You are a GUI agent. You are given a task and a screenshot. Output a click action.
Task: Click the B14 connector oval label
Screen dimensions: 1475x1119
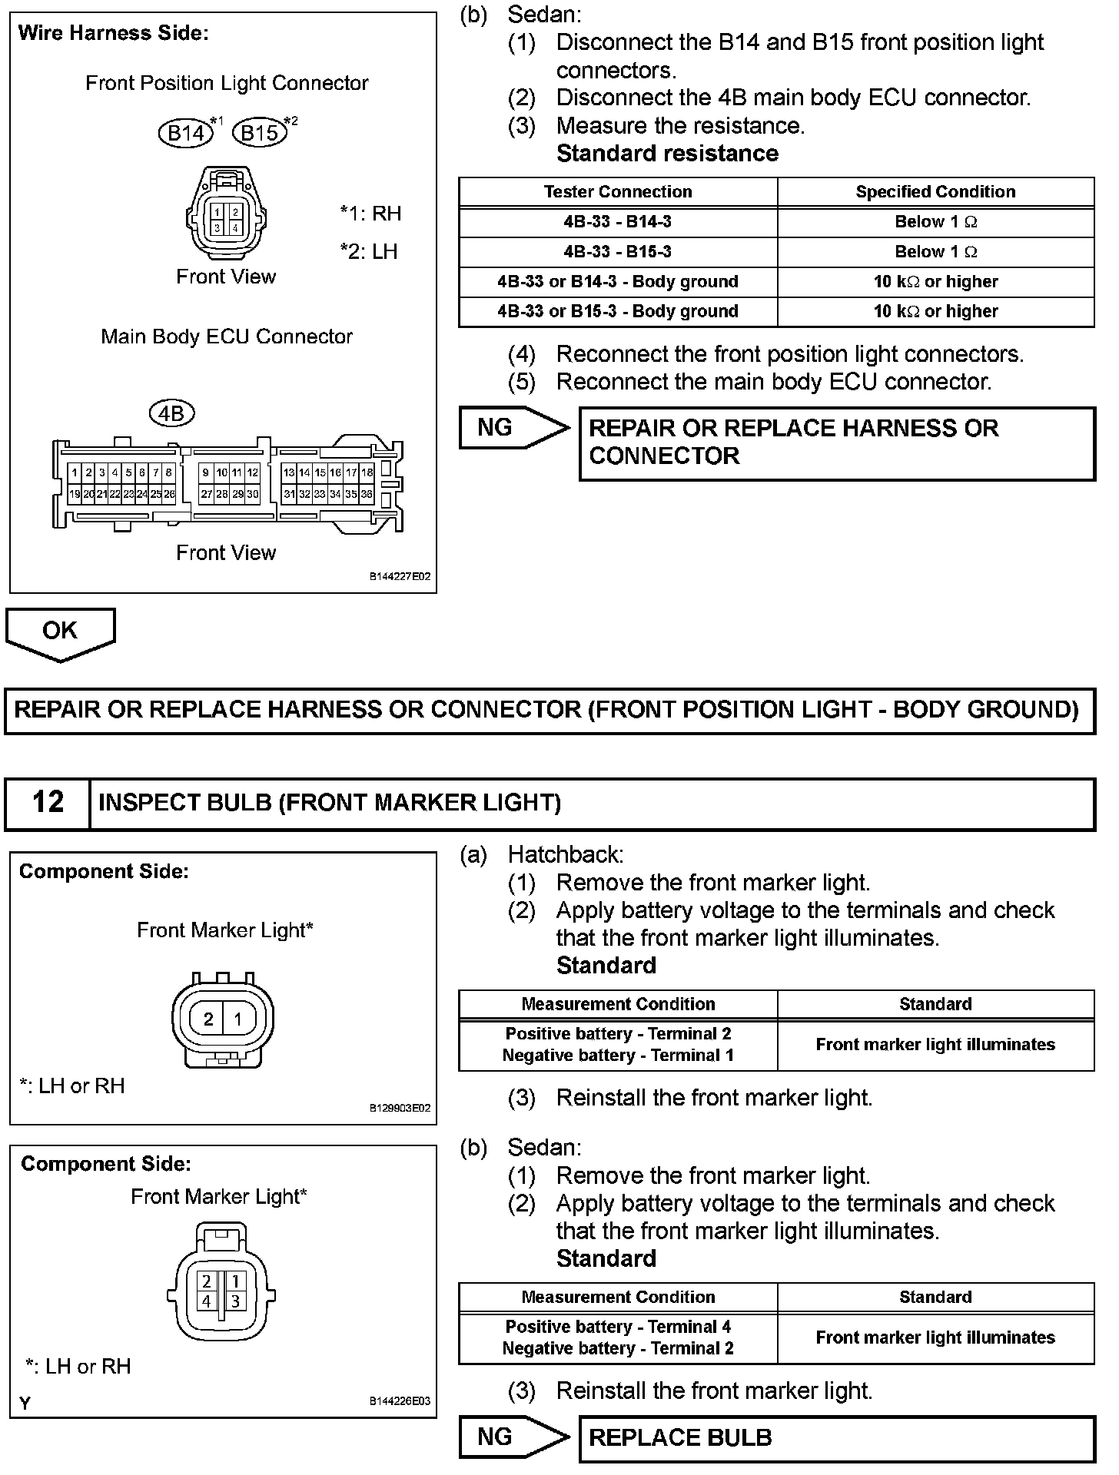click(x=186, y=133)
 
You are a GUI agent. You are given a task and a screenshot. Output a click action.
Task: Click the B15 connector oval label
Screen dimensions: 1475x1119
click(x=260, y=133)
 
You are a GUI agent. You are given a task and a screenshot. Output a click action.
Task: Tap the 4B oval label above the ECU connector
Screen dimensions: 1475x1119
click(x=171, y=414)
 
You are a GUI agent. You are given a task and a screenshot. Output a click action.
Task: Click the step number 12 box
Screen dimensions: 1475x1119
click(x=48, y=803)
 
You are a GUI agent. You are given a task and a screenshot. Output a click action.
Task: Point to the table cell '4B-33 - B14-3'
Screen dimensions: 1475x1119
click(x=617, y=222)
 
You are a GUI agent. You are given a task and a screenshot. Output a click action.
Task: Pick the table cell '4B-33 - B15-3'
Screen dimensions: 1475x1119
click(x=617, y=252)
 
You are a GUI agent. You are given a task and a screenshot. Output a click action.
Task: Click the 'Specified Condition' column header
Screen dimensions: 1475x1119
click(x=935, y=192)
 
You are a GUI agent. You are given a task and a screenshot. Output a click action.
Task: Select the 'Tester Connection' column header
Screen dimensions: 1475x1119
click(x=617, y=192)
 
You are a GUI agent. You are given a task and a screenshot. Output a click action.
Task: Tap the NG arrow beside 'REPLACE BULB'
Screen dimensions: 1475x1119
click(x=511, y=1437)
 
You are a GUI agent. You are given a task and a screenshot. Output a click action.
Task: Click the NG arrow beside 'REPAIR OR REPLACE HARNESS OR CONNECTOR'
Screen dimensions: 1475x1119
click(x=511, y=427)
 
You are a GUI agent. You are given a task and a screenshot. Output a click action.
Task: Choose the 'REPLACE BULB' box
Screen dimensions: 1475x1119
click(x=836, y=1437)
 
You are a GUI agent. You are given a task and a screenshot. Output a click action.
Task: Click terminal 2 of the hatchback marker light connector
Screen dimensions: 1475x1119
click(x=208, y=1019)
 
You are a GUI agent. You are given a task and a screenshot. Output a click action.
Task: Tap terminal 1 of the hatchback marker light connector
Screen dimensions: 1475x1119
click(x=238, y=1019)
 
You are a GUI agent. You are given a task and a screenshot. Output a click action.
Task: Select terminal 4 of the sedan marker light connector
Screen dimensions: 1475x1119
click(x=206, y=1301)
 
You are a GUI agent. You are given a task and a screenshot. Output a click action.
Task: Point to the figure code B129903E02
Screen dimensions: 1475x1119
click(x=400, y=1109)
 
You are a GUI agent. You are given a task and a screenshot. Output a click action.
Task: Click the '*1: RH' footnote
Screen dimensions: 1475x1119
click(x=370, y=213)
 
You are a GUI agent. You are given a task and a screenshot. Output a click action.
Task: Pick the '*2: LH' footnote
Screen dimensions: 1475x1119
click(x=369, y=251)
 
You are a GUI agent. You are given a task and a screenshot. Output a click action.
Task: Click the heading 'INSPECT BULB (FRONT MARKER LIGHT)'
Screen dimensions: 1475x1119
click(x=330, y=803)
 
